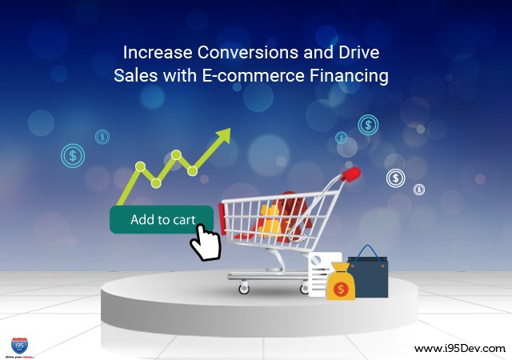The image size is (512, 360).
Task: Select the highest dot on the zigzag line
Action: [x=176, y=154]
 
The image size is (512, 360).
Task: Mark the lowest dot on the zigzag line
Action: [x=157, y=182]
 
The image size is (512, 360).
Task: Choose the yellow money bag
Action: [x=340, y=282]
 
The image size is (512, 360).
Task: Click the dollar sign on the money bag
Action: [x=340, y=286]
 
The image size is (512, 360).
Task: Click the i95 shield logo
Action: [x=20, y=344]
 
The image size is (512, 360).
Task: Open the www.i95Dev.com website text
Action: [x=460, y=348]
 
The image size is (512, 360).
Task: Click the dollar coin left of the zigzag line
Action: [x=73, y=155]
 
